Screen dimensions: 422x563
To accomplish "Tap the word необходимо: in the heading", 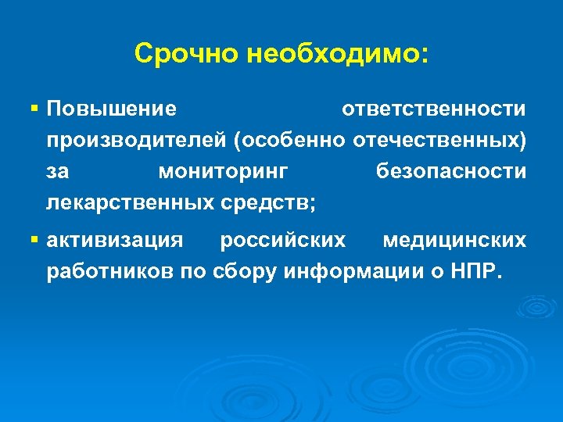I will (x=336, y=54).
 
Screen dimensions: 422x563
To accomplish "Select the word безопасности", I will (x=451, y=171).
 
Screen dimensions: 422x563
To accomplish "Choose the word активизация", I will (x=115, y=241).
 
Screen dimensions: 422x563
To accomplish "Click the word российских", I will (x=282, y=241).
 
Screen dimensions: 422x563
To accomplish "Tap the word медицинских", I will (x=454, y=241).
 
